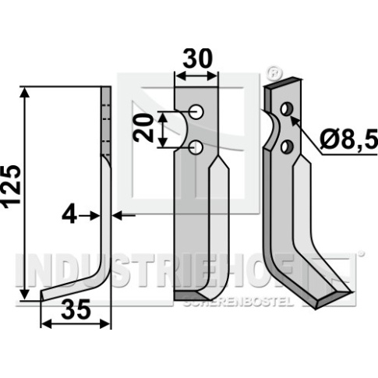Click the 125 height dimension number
click(12, 186)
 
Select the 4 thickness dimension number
click(69, 215)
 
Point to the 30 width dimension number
click(197, 59)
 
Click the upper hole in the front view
click(196, 112)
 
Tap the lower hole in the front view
click(196, 147)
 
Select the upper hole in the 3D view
click(286, 109)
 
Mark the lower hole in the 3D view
click(286, 146)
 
